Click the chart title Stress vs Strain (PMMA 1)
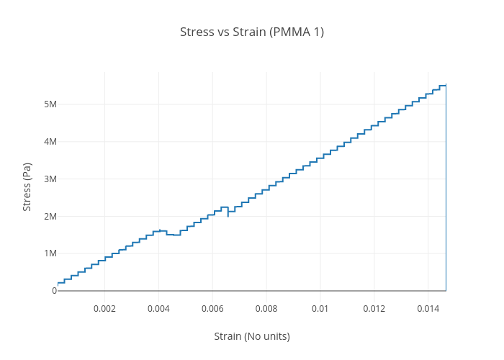252,32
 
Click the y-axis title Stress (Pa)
27,186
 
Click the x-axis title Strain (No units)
252,336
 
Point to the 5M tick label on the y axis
50,104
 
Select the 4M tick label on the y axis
50,142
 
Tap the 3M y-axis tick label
50,179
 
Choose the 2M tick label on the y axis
50,216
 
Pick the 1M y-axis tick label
50,253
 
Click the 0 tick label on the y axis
54,290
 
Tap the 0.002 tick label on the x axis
104,308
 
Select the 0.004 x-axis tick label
158,308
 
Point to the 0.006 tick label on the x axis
212,308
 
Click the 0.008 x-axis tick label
266,308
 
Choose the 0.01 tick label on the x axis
320,308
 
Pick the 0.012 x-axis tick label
374,308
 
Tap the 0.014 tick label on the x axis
428,308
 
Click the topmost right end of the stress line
446,85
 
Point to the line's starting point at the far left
58,283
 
